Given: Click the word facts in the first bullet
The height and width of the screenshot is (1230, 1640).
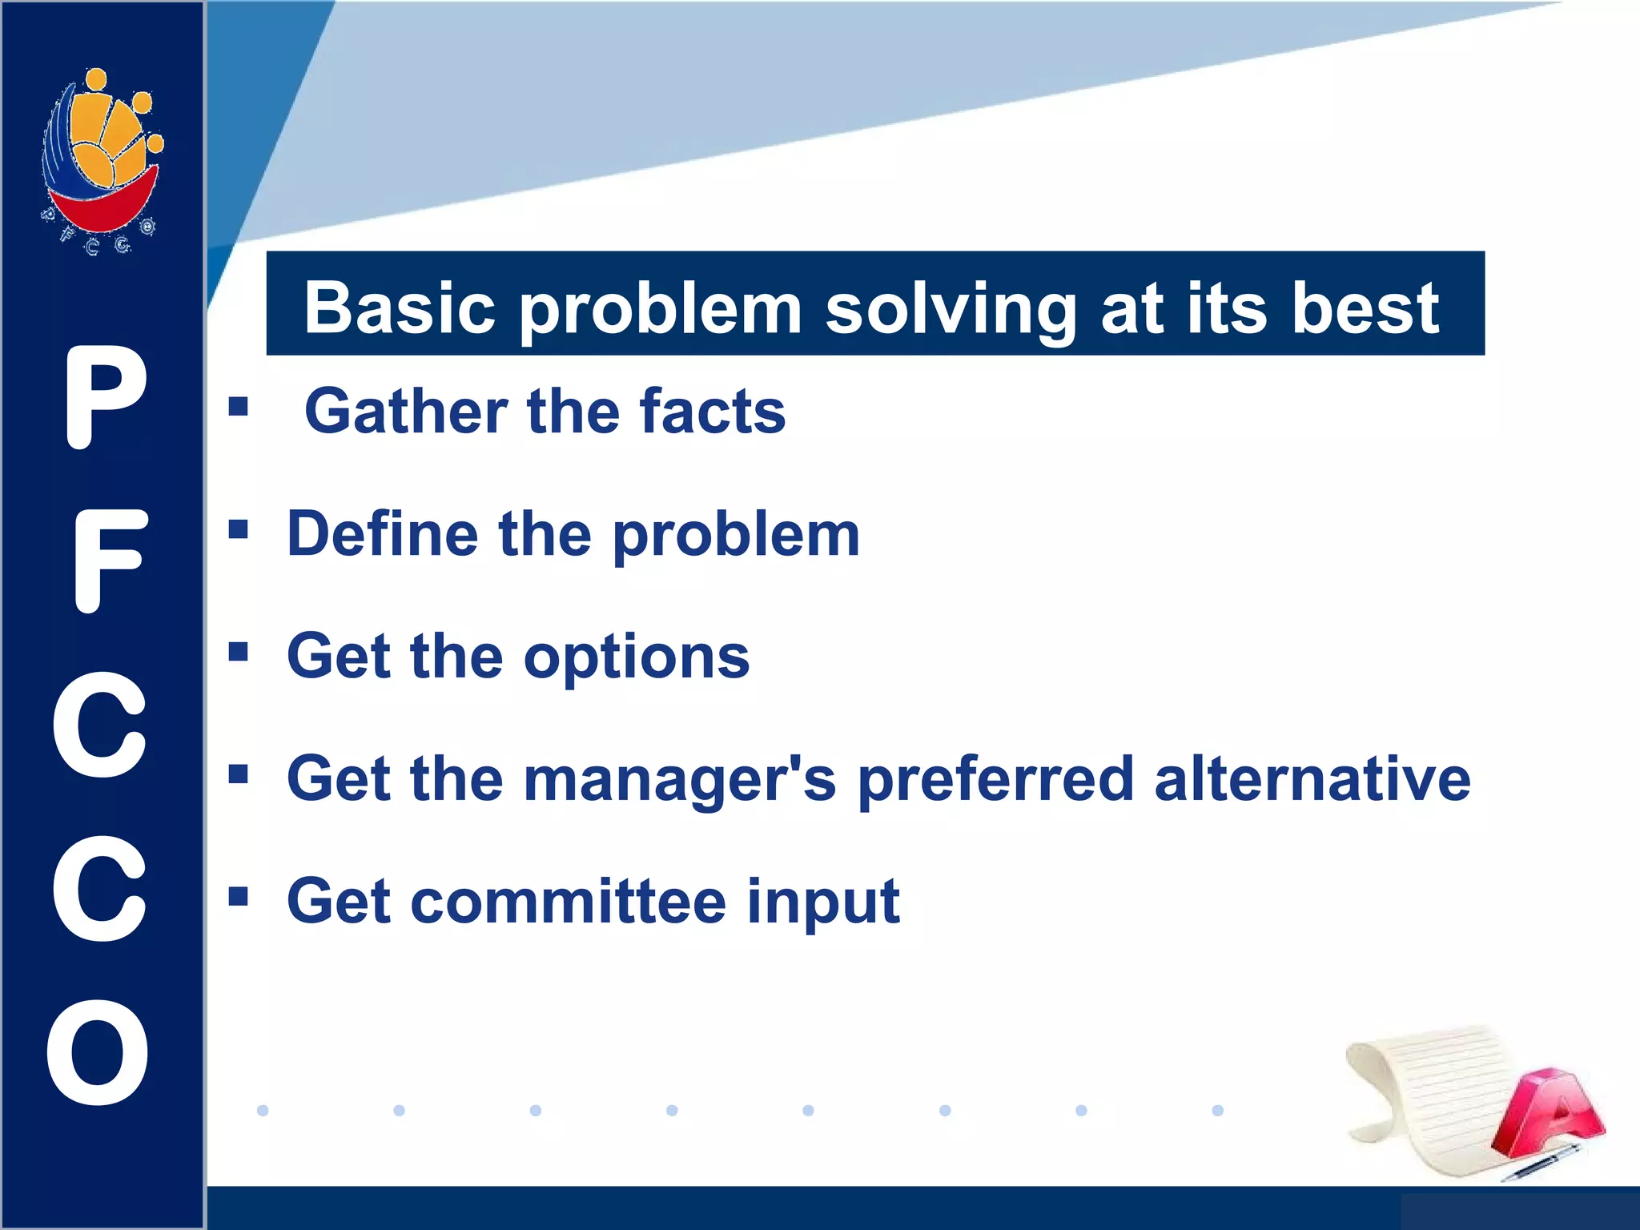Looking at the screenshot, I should pos(713,412).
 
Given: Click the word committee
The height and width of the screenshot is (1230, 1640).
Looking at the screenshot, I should pos(569,902).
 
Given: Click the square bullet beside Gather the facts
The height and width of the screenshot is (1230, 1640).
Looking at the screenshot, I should pos(238,407).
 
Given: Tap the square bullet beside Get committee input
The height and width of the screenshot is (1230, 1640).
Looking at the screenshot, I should pos(238,895).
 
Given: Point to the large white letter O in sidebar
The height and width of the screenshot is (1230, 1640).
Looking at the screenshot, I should pos(98,1052).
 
